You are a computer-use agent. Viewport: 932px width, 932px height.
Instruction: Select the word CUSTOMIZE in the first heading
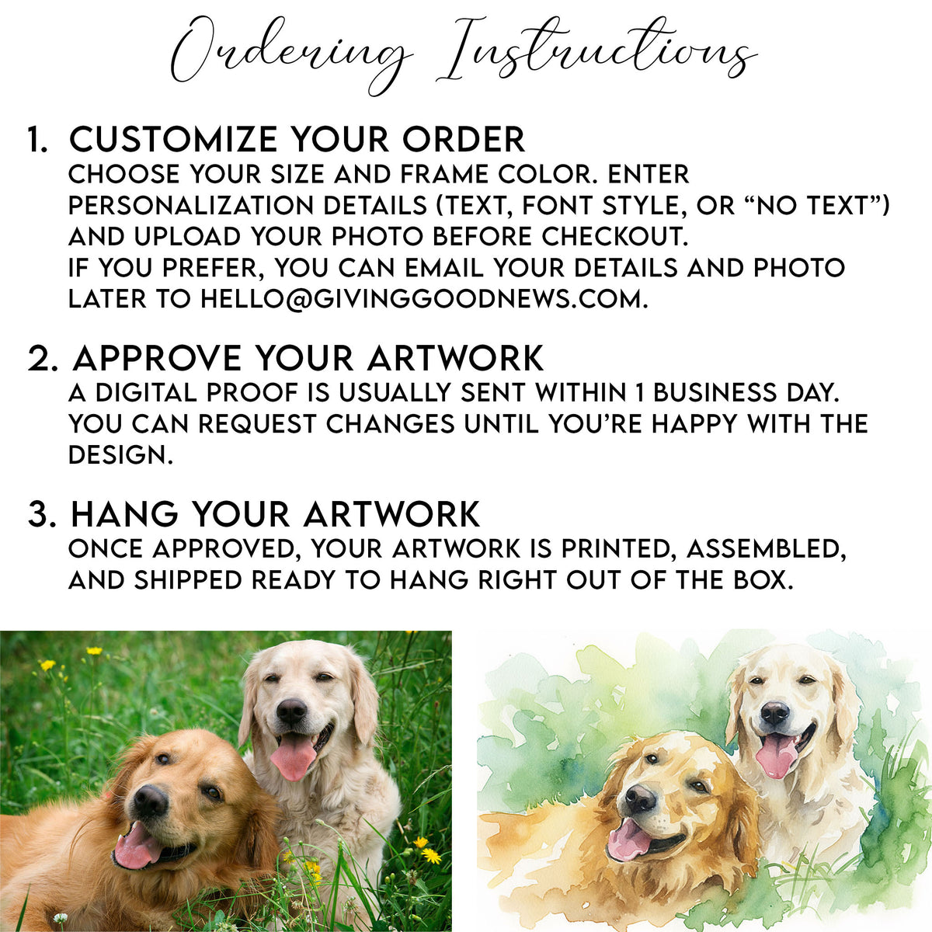point(175,141)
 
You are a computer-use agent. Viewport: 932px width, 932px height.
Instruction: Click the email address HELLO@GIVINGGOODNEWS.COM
point(423,299)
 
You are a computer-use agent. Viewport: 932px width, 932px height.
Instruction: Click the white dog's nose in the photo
point(292,711)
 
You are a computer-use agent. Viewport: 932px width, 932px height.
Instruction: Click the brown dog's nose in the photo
point(149,801)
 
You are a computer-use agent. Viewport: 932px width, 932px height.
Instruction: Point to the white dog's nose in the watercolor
point(774,713)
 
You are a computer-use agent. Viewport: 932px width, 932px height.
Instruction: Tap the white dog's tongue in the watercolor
point(776,753)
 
